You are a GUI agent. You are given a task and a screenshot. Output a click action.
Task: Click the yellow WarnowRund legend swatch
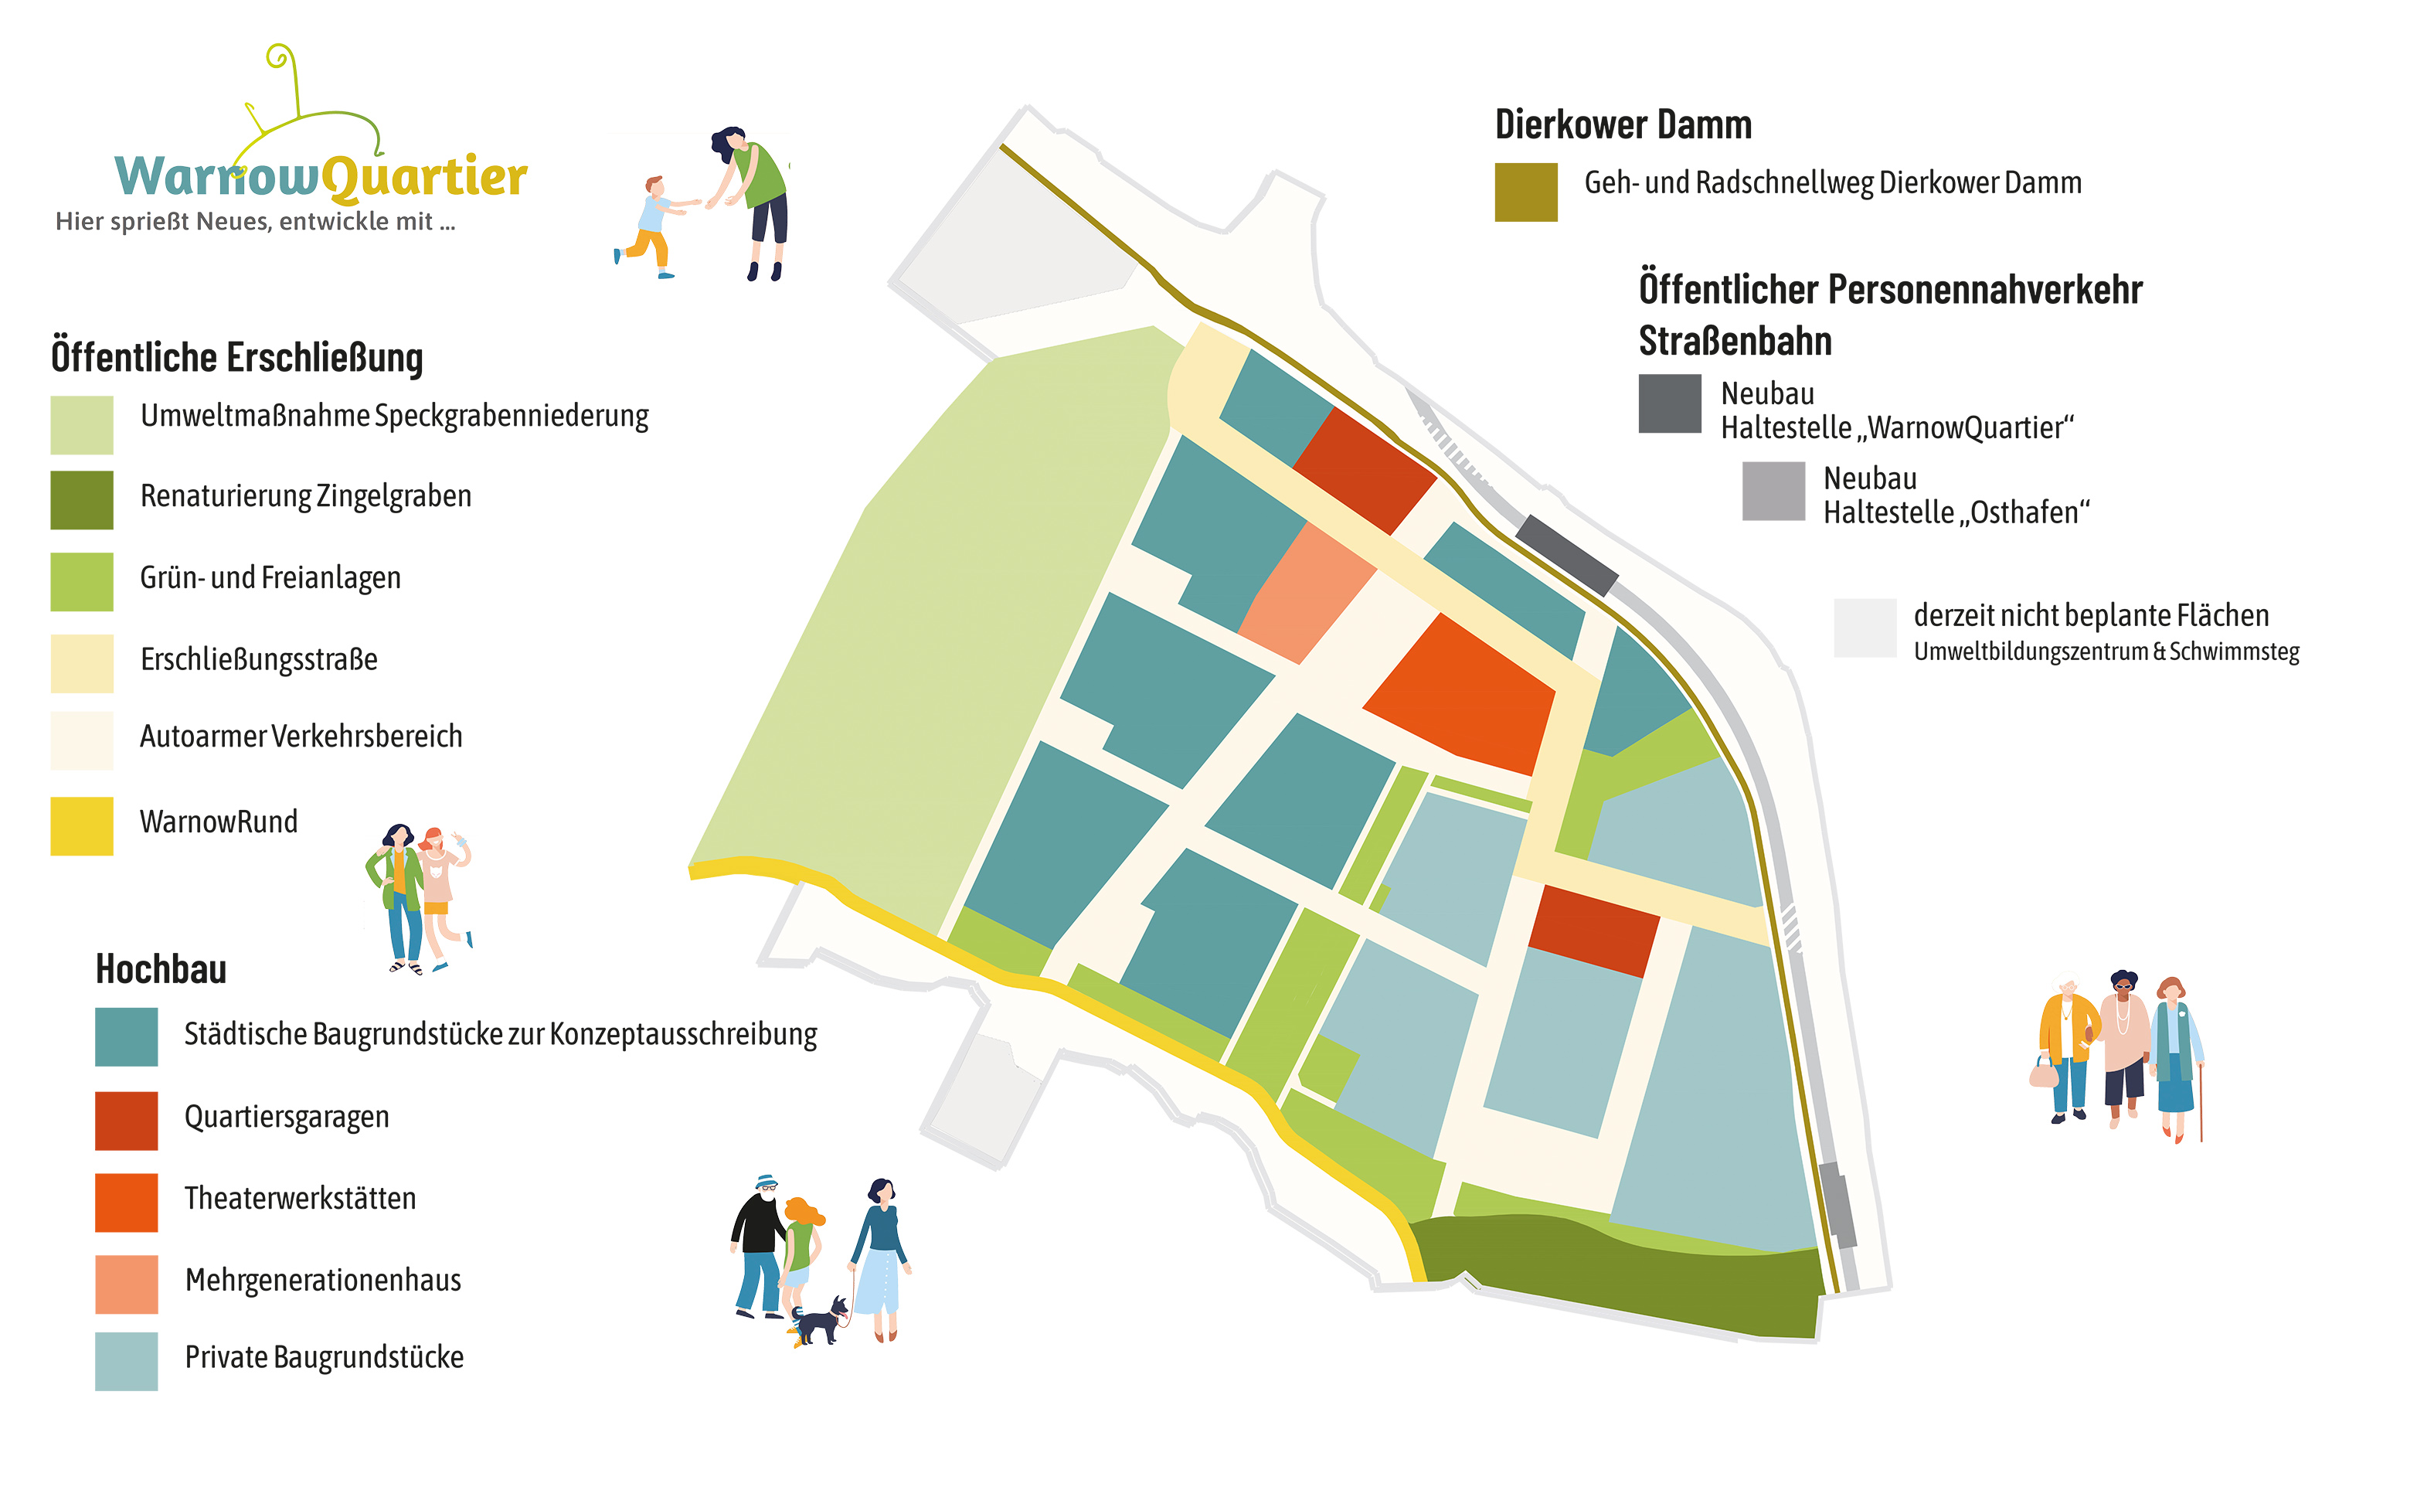tap(82, 826)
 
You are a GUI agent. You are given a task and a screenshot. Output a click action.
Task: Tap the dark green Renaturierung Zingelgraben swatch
tap(82, 500)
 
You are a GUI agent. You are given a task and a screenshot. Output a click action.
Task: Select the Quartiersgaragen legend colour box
tap(127, 1121)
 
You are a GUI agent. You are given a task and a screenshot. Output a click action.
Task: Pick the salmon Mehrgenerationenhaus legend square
tap(127, 1285)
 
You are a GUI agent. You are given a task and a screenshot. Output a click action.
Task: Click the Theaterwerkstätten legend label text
tap(301, 1199)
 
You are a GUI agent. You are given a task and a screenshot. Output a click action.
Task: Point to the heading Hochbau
tap(161, 969)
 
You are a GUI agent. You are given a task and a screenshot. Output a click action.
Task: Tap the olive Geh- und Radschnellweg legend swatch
tap(1525, 192)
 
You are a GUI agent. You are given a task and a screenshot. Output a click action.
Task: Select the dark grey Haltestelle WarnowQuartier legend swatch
tap(1670, 403)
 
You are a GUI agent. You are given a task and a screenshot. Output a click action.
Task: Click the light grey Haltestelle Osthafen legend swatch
tap(1773, 491)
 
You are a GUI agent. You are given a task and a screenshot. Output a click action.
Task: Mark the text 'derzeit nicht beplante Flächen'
tap(2091, 615)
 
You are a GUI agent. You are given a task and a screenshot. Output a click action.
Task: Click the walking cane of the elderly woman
tap(2201, 1101)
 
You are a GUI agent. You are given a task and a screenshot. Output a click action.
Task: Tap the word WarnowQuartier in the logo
tap(321, 177)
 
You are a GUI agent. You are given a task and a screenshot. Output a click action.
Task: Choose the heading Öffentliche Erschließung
tap(237, 357)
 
